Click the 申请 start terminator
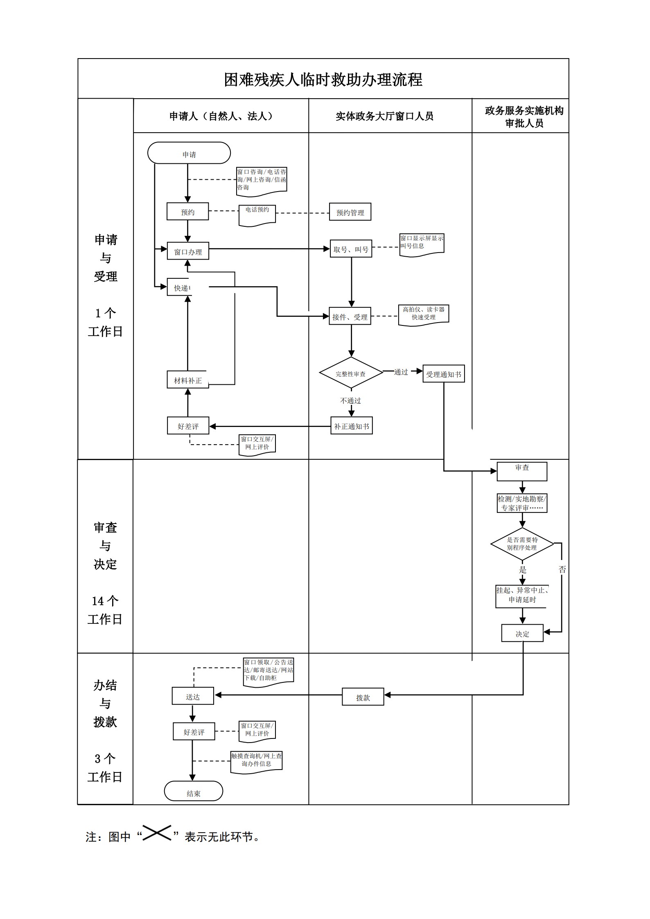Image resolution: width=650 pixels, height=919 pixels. (189, 153)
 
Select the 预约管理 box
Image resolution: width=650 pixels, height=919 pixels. (350, 212)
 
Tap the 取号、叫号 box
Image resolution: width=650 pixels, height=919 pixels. (351, 249)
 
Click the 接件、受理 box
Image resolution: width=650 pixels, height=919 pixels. (350, 316)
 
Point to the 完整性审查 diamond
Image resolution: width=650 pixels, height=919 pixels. (351, 373)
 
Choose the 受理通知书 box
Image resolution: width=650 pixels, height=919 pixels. (443, 374)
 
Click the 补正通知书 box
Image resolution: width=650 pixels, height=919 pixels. (351, 426)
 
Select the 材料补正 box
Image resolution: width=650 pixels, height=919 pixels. (188, 380)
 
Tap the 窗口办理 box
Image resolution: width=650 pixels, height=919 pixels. (188, 251)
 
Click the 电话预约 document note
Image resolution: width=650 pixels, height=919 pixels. (257, 215)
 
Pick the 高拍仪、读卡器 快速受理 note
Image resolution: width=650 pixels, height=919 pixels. (423, 314)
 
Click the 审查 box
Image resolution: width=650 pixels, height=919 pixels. (522, 471)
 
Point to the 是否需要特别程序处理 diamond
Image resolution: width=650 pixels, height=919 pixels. (522, 544)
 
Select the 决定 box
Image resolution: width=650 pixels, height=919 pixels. (522, 633)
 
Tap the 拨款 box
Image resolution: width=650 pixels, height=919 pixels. (363, 697)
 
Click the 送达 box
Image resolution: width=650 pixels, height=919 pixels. (193, 696)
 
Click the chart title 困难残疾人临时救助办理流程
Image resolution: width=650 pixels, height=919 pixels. (323, 79)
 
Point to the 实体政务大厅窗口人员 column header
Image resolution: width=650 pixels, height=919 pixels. (384, 116)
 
